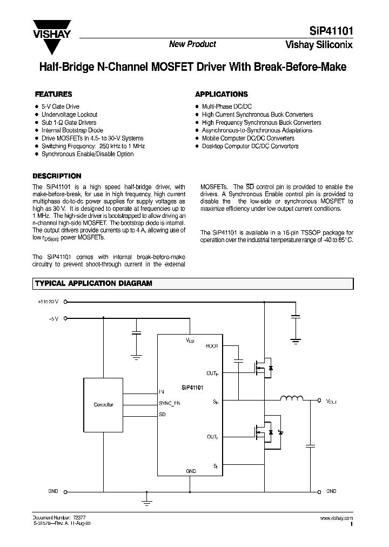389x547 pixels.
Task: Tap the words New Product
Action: (192, 44)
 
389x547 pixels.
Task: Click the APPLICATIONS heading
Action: (221, 94)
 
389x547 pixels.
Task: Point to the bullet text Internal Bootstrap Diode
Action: (72, 130)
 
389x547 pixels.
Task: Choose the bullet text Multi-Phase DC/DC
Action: (226, 107)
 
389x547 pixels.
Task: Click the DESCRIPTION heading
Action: (57, 176)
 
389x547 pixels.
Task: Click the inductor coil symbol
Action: (292, 399)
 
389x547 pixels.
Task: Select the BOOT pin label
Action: (212, 346)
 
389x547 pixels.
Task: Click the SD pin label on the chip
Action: (163, 415)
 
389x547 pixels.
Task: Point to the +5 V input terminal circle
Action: (66, 319)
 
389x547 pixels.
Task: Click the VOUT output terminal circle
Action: (319, 401)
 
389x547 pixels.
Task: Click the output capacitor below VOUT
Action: (310, 446)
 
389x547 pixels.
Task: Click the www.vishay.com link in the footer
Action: (337, 517)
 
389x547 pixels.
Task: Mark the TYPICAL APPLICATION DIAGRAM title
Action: (93, 283)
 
